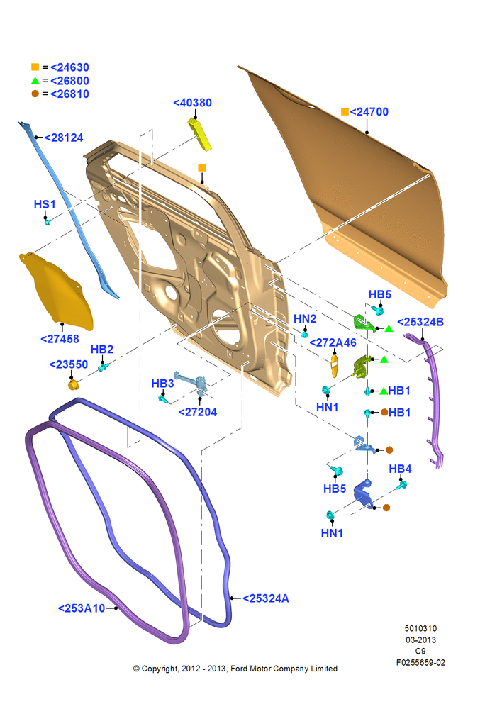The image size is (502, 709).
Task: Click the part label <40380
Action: click(x=192, y=103)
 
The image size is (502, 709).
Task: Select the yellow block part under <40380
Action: click(x=200, y=133)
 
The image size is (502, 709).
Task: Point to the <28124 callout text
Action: click(x=64, y=138)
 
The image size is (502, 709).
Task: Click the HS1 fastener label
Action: click(x=45, y=204)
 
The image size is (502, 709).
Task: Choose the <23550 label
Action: click(x=68, y=364)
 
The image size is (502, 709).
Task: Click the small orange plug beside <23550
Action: click(x=73, y=385)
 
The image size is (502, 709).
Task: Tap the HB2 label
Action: click(x=102, y=350)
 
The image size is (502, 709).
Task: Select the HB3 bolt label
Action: click(x=162, y=384)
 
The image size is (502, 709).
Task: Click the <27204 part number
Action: click(x=198, y=412)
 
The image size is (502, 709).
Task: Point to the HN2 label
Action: click(x=305, y=319)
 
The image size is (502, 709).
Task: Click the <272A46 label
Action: click(x=333, y=342)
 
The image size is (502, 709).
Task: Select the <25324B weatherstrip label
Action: click(x=420, y=322)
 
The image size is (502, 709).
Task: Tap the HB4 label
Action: click(x=400, y=469)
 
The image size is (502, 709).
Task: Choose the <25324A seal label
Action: click(x=266, y=598)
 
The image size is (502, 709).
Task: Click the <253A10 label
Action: click(x=82, y=608)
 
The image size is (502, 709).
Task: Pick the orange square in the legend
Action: click(x=35, y=67)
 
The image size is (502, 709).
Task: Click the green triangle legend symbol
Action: click(x=35, y=81)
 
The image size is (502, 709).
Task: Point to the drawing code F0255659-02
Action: click(x=420, y=662)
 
